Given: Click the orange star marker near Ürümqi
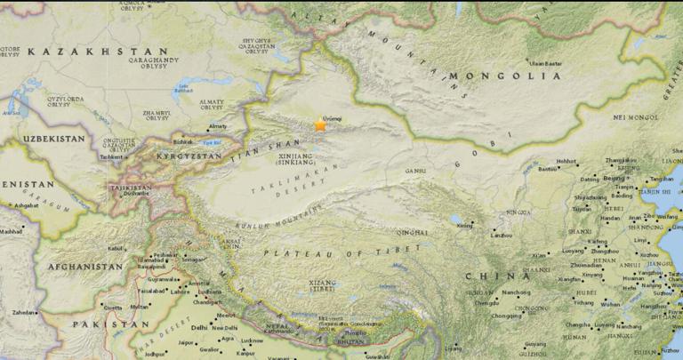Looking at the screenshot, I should click(x=320, y=125).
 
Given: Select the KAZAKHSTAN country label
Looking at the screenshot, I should click(x=98, y=52).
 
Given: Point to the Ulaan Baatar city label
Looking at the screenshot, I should click(x=546, y=63).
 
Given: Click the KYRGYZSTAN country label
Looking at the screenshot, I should click(x=189, y=156).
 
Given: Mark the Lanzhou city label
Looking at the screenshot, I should click(x=502, y=235).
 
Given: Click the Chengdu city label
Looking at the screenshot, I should click(x=487, y=302).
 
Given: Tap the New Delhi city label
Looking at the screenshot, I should click(x=226, y=327).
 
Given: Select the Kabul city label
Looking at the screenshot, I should click(x=117, y=248).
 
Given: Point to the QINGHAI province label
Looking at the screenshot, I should click(x=413, y=232).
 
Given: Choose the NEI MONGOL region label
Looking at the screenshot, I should click(x=637, y=117).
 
